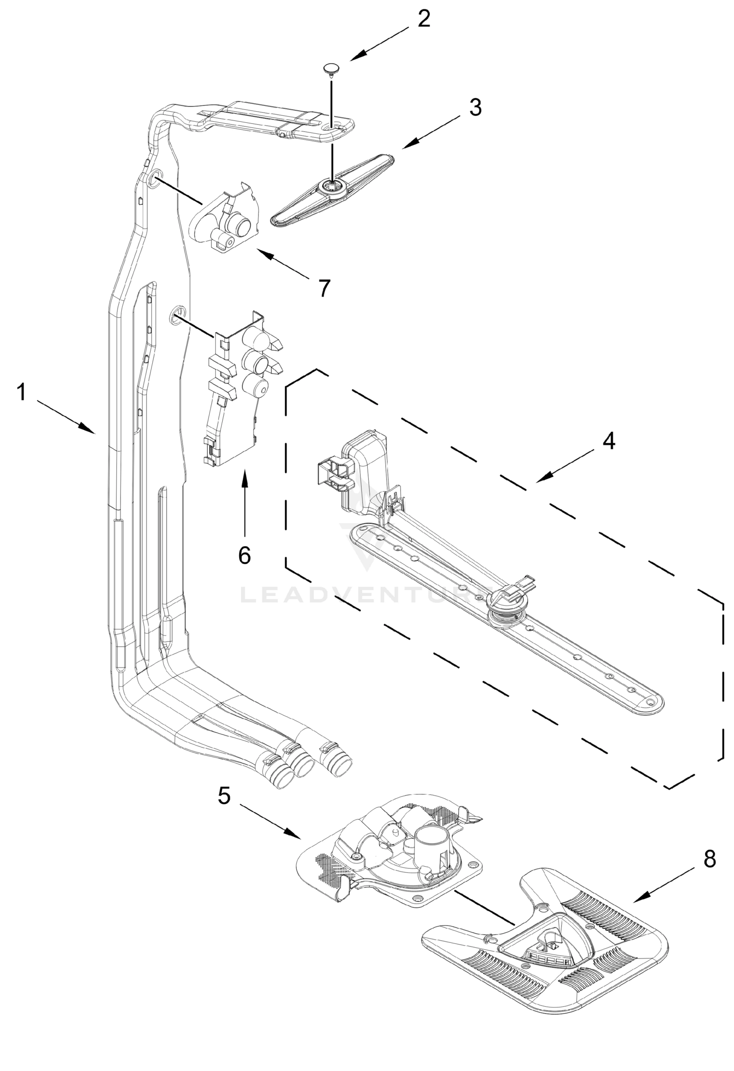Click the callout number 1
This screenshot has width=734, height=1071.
point(21,393)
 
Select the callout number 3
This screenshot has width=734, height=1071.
point(475,107)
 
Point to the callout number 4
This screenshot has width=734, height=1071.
point(609,441)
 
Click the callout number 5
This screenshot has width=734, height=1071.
point(224,795)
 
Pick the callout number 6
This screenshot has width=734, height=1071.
point(244,555)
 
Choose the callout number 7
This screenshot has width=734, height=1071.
point(324,288)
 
